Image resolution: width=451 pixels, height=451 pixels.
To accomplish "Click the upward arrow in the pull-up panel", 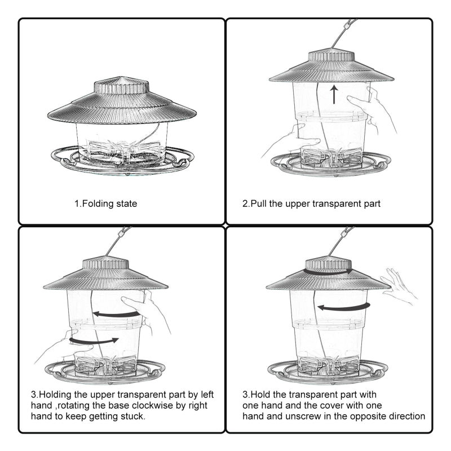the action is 334,94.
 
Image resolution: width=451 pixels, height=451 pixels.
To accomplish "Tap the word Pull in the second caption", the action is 259,204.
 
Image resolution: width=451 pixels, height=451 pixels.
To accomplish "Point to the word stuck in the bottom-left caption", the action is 133,416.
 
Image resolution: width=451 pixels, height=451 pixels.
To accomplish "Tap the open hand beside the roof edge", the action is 399,285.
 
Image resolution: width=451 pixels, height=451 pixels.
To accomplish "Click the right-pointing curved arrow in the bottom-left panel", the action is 94,341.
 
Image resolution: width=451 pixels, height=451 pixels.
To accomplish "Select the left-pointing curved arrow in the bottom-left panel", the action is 117,314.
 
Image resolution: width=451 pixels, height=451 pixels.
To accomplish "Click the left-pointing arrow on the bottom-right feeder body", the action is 344,307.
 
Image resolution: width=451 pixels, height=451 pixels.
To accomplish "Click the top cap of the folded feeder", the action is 122,86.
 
